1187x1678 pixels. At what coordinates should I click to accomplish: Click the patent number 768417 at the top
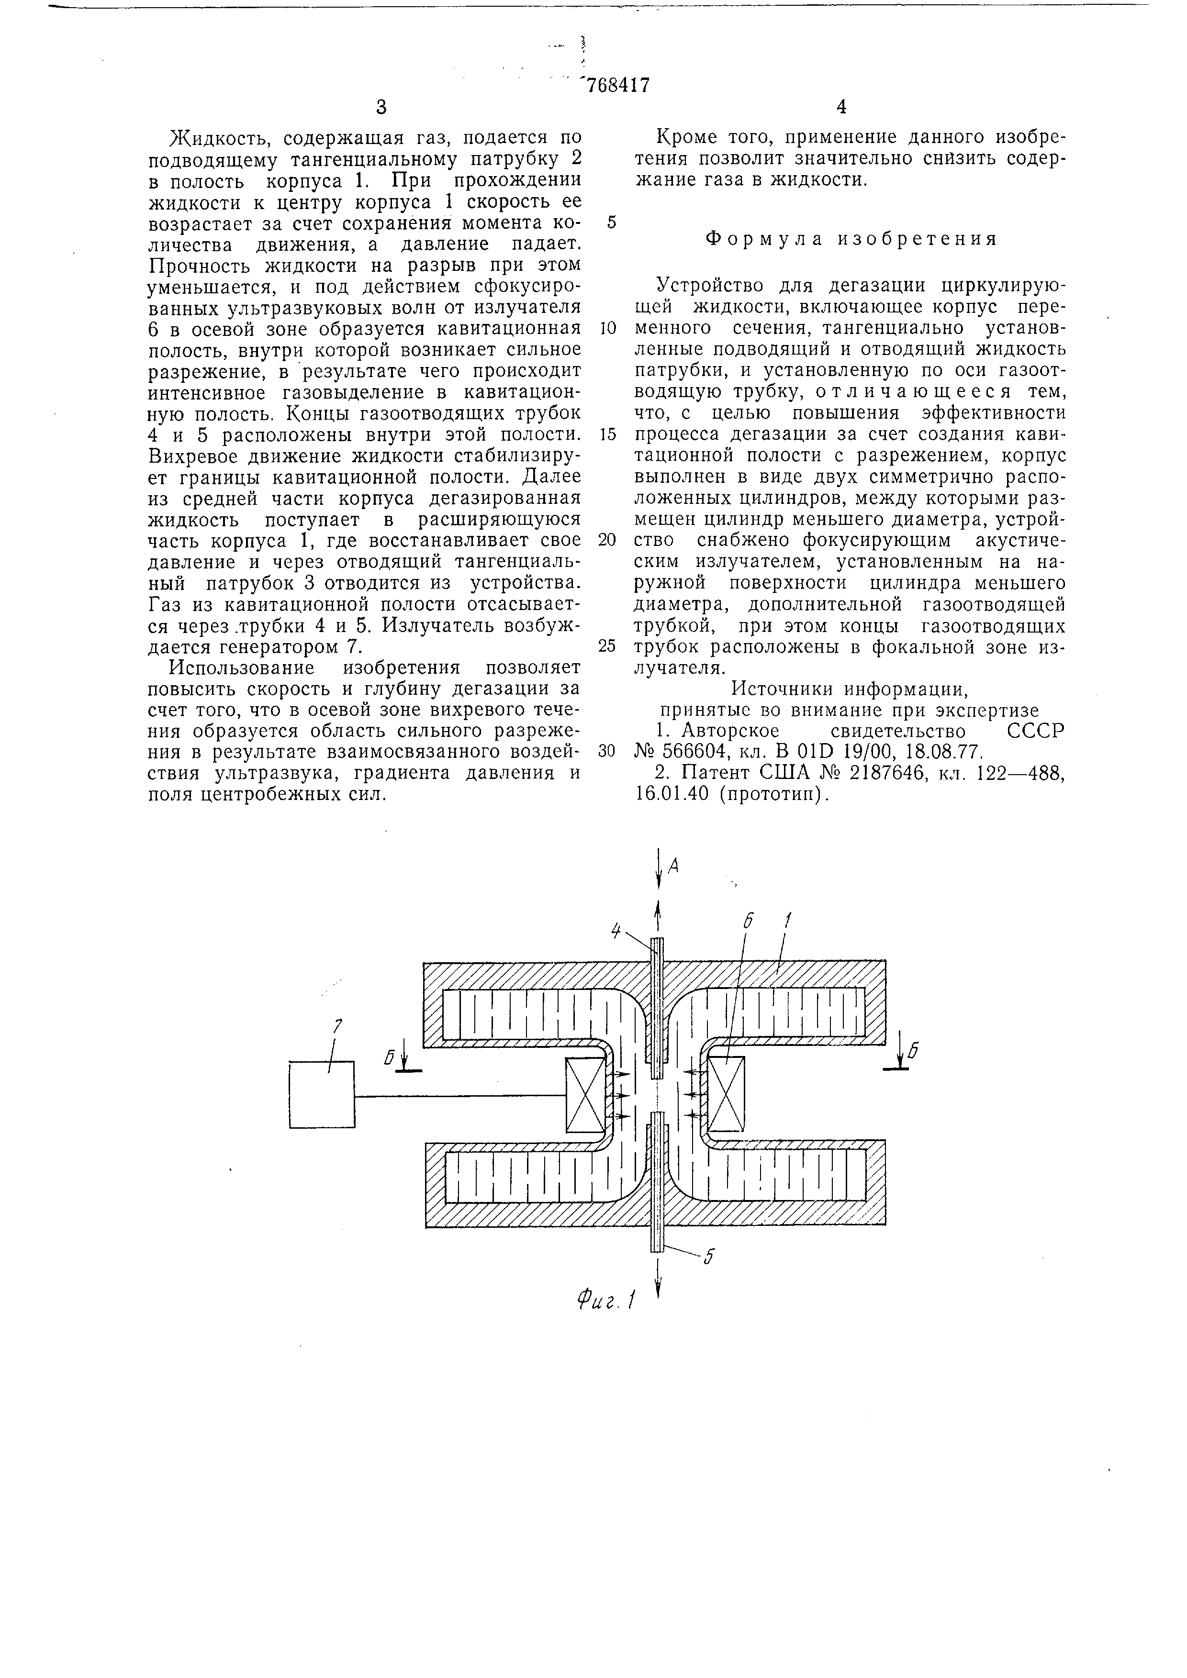pos(615,86)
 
